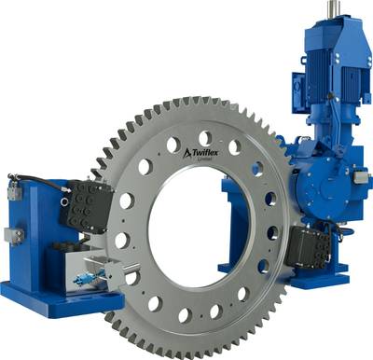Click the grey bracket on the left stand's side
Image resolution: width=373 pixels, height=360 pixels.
coord(12,236)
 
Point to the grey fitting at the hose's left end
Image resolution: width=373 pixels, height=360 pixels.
coord(14,190)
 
